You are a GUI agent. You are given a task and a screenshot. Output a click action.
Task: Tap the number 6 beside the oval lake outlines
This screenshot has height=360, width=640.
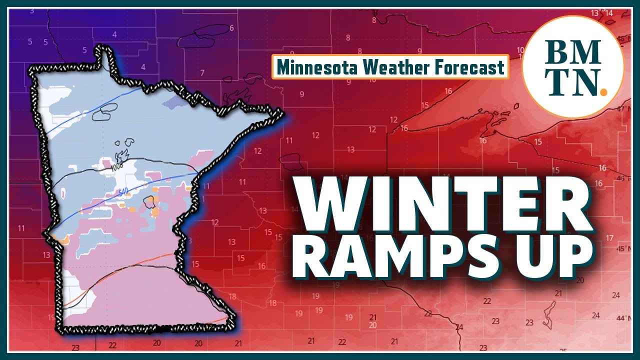pos(231,28)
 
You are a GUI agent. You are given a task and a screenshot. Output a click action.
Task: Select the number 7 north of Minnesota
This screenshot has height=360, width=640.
pos(202,73)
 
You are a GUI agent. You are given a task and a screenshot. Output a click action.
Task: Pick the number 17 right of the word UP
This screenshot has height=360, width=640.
pos(609,238)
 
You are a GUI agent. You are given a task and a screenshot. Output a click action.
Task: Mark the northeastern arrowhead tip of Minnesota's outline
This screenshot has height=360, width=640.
pos(282,114)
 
